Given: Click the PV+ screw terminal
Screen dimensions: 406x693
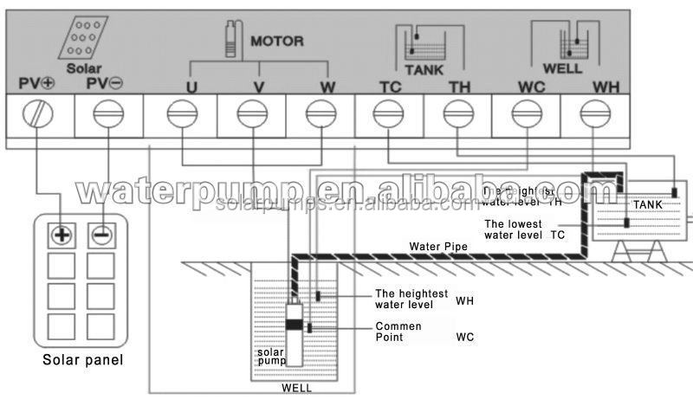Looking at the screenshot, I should click(39, 113).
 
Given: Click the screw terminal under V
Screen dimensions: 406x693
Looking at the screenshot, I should click(251, 113).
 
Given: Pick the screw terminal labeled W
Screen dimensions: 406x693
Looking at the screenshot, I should click(320, 113).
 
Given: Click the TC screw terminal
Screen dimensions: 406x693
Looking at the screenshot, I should click(388, 113).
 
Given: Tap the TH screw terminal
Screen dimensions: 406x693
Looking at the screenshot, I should click(457, 113).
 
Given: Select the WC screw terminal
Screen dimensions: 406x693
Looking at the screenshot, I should click(524, 113).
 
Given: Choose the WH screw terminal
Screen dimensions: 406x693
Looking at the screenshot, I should click(593, 113).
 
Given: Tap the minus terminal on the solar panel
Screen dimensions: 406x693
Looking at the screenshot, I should click(102, 235).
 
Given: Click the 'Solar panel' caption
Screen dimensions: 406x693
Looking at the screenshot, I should click(83, 360).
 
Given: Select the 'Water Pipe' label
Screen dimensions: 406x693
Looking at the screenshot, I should click(438, 248).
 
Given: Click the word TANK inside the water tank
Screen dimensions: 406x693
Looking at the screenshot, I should click(647, 204).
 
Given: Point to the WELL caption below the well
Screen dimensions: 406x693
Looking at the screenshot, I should click(296, 388).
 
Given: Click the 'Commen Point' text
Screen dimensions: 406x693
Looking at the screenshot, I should click(398, 332).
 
